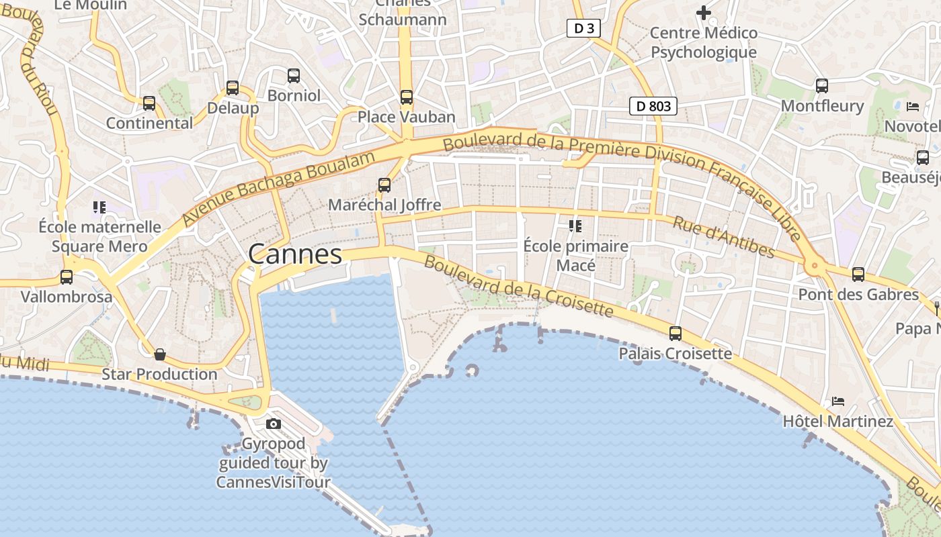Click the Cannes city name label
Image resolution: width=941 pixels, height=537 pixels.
(295, 254)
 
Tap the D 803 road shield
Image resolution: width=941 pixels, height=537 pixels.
(653, 105)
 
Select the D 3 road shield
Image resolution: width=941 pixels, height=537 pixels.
(583, 28)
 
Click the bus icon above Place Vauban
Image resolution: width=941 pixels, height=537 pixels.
(407, 97)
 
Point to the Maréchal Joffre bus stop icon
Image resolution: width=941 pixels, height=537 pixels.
(384, 185)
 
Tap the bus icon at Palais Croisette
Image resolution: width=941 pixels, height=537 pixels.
(676, 334)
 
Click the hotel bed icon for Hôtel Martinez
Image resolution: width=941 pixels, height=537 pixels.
(837, 401)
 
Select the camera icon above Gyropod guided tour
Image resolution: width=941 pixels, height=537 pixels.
(274, 424)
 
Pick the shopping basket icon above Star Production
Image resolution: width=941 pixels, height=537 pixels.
(160, 354)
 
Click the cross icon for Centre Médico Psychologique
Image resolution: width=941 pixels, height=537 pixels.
(704, 13)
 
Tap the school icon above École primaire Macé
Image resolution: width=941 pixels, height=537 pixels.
(575, 226)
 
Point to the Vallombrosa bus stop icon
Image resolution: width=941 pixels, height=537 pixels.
(67, 277)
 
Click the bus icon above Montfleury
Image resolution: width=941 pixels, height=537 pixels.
(822, 86)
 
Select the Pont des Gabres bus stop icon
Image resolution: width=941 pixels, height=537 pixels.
(858, 275)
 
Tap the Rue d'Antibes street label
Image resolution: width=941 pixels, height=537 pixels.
(724, 238)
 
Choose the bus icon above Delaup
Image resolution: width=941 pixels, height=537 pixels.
(233, 88)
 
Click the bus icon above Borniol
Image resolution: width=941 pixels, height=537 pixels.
(294, 76)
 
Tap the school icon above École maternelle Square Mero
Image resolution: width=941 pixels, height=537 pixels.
(99, 207)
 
